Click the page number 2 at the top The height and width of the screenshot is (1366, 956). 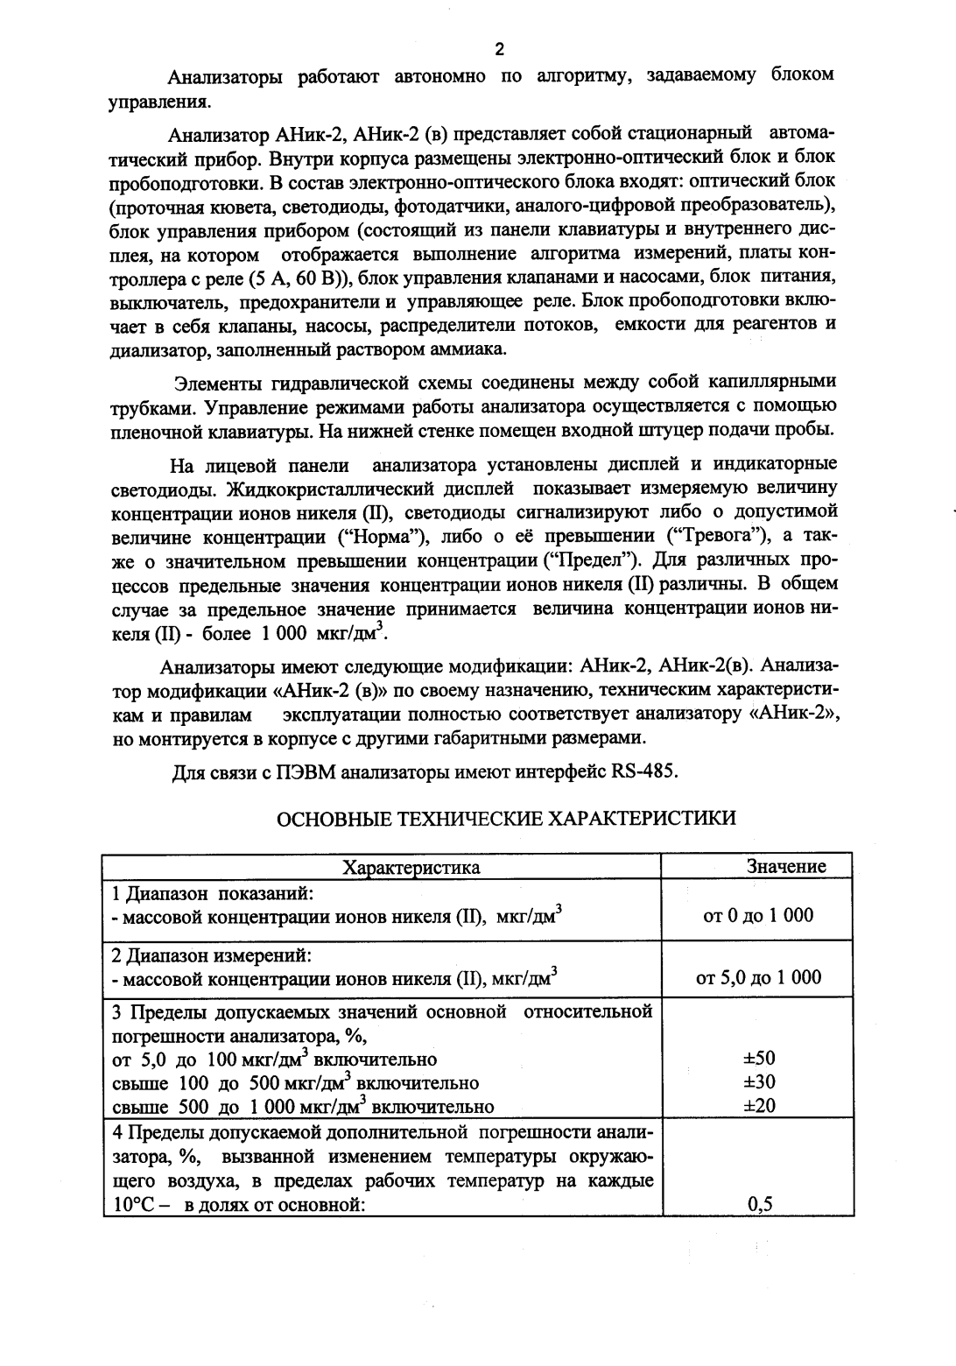[x=500, y=49]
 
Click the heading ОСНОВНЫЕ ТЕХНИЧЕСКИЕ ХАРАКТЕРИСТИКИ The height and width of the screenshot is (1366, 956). [x=506, y=818]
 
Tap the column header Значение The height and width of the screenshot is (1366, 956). [x=785, y=866]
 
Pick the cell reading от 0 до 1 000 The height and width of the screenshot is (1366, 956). [x=758, y=915]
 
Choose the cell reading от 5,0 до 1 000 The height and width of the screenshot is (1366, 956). [x=758, y=977]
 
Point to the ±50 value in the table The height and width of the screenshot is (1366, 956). [x=758, y=1058]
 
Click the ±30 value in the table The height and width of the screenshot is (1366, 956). [x=758, y=1081]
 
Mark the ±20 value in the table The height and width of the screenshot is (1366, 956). [x=758, y=1106]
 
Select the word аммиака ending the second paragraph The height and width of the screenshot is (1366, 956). [x=471, y=349]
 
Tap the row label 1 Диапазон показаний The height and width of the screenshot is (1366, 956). [x=214, y=893]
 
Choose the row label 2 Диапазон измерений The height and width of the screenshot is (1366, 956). [x=213, y=955]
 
